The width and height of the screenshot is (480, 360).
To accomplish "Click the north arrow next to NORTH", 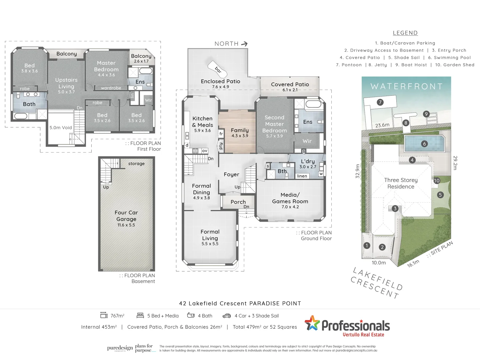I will pyautogui.click(x=244, y=44).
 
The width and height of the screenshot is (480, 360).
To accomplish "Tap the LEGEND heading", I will pyautogui.click(x=405, y=33).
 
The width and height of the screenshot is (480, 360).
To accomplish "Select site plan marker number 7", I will pyautogui.click(x=380, y=102).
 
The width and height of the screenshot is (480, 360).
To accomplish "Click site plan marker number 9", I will pyautogui.click(x=426, y=114).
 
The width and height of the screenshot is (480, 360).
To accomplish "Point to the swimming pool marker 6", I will pyautogui.click(x=424, y=144).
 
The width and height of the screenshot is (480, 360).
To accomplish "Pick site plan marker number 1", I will pyautogui.click(x=367, y=246).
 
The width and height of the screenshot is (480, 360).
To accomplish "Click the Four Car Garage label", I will pyautogui.click(x=126, y=216).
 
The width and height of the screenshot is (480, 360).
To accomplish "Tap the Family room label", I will pyautogui.click(x=240, y=130).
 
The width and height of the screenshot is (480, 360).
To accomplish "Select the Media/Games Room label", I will pyautogui.click(x=290, y=198).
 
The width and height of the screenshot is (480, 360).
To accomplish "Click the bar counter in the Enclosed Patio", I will pyautogui.click(x=218, y=69).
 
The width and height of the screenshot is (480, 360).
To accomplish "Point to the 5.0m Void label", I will pyautogui.click(x=60, y=128).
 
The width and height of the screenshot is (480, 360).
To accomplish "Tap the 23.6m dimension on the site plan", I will pyautogui.click(x=382, y=125).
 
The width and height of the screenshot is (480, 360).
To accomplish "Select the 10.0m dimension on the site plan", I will pyautogui.click(x=379, y=263).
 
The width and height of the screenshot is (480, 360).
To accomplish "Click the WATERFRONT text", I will pyautogui.click(x=406, y=87).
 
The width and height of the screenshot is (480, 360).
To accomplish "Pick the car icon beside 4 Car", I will pyautogui.click(x=227, y=316).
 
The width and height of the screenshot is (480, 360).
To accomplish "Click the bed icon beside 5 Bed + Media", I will pyautogui.click(x=140, y=315).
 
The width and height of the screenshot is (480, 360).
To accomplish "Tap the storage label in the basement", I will pyautogui.click(x=136, y=164).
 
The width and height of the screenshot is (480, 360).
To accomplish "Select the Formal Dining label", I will pyautogui.click(x=201, y=189).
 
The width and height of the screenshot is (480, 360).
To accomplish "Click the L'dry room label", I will pyautogui.click(x=308, y=161).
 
